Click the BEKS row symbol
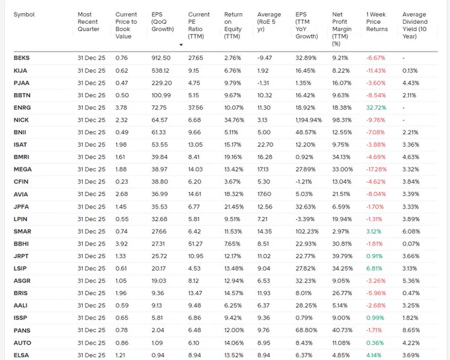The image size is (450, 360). [x=22, y=58]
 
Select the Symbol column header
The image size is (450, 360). [x=24, y=15]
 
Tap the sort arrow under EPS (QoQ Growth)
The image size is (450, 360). [x=181, y=45]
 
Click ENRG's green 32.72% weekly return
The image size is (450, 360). [x=376, y=108]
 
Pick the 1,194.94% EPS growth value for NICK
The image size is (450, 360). [x=308, y=120]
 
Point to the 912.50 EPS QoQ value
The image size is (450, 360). [x=161, y=58]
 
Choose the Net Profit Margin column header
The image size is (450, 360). [x=342, y=29]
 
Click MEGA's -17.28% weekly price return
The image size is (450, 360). [x=377, y=169]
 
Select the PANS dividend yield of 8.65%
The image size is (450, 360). [x=411, y=330]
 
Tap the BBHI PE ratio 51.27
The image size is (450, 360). [x=195, y=244]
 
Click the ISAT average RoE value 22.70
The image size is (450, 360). [x=265, y=145]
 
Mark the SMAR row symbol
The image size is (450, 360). [x=22, y=232]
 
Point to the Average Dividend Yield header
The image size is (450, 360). [x=415, y=25]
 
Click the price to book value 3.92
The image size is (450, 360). [x=121, y=244]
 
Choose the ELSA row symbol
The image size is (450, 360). [x=21, y=355]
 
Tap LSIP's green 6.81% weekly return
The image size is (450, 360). [x=375, y=269]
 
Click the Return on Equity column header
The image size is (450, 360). [x=234, y=25]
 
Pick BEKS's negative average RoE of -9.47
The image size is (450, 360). [x=264, y=58]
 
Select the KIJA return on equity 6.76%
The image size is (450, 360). [x=232, y=71]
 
